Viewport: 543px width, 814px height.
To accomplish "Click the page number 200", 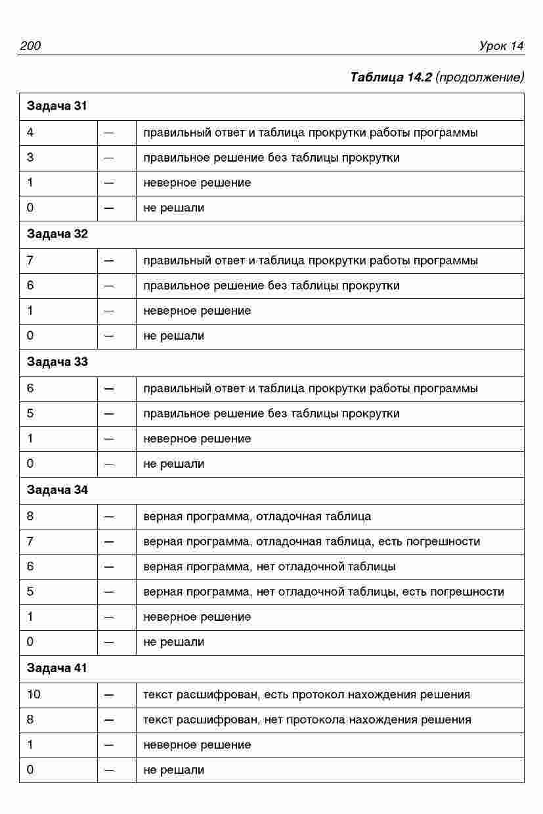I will pyautogui.click(x=30, y=45).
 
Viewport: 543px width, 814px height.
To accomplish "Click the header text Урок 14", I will pyautogui.click(x=501, y=45).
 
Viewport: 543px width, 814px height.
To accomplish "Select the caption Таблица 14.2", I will pyautogui.click(x=391, y=77).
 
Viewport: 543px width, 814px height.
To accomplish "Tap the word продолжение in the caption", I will pyautogui.click(x=480, y=77).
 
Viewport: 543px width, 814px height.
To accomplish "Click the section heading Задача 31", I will pyautogui.click(x=56, y=106).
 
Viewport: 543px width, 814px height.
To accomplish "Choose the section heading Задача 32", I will pyautogui.click(x=56, y=234).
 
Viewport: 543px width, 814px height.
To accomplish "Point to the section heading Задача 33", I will pyautogui.click(x=56, y=362).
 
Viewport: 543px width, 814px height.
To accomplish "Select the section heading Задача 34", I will pyautogui.click(x=56, y=490).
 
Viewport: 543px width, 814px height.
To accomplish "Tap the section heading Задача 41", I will pyautogui.click(x=56, y=668).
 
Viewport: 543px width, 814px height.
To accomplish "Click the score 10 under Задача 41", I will pyautogui.click(x=33, y=694).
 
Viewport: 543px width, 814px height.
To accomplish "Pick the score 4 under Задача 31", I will pyautogui.click(x=30, y=133).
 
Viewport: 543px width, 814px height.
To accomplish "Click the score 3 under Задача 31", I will pyautogui.click(x=30, y=158).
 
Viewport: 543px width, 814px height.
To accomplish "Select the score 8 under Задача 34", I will pyautogui.click(x=30, y=516).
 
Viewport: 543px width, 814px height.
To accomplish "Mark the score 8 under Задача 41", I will pyautogui.click(x=30, y=719).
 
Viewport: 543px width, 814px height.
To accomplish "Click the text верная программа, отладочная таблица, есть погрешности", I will pyautogui.click(x=311, y=541).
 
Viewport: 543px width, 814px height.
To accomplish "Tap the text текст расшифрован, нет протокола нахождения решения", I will pyautogui.click(x=307, y=719).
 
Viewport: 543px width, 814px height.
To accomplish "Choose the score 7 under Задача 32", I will pyautogui.click(x=30, y=260).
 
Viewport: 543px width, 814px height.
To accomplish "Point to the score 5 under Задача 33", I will pyautogui.click(x=30, y=413).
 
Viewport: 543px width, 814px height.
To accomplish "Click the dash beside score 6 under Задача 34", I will pyautogui.click(x=109, y=566).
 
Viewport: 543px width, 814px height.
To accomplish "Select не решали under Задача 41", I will pyautogui.click(x=173, y=770).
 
